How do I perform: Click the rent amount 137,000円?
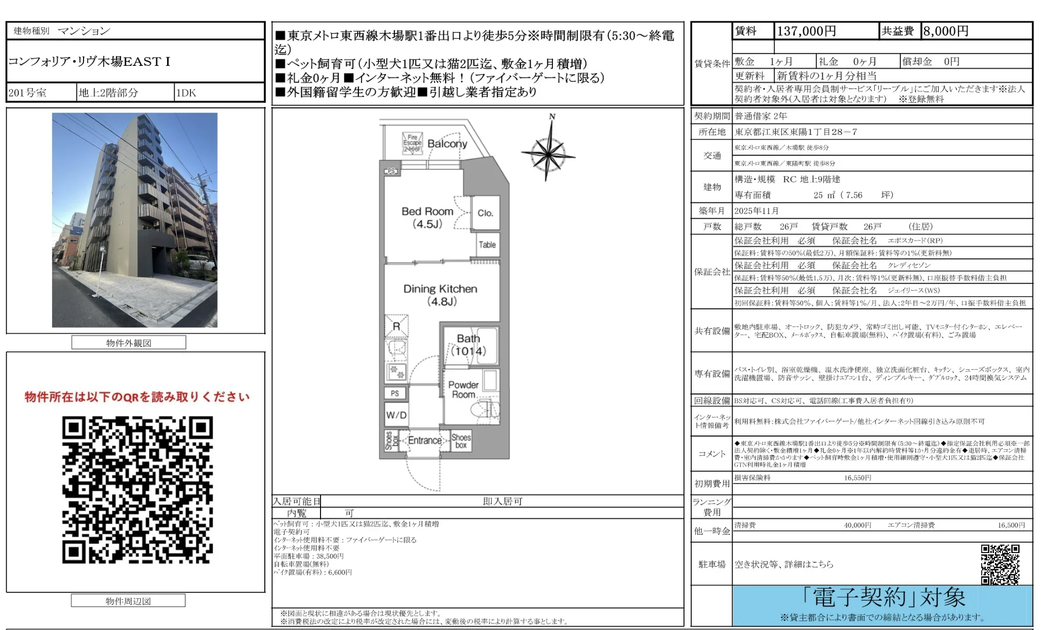(806, 31)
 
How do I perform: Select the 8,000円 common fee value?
(945, 31)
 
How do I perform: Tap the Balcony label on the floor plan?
(447, 144)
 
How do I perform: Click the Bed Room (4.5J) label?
(427, 217)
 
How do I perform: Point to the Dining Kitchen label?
(440, 295)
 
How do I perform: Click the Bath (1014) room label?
(468, 345)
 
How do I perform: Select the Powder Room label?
(463, 389)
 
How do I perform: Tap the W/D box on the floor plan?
(396, 415)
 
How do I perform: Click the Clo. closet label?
(485, 213)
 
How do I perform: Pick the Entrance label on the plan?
(425, 441)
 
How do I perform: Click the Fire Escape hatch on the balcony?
(412, 143)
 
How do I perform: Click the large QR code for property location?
(137, 490)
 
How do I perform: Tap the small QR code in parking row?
(999, 564)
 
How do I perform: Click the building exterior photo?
(135, 220)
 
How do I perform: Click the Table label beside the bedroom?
(487, 245)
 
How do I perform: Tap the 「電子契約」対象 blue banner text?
(883, 598)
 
